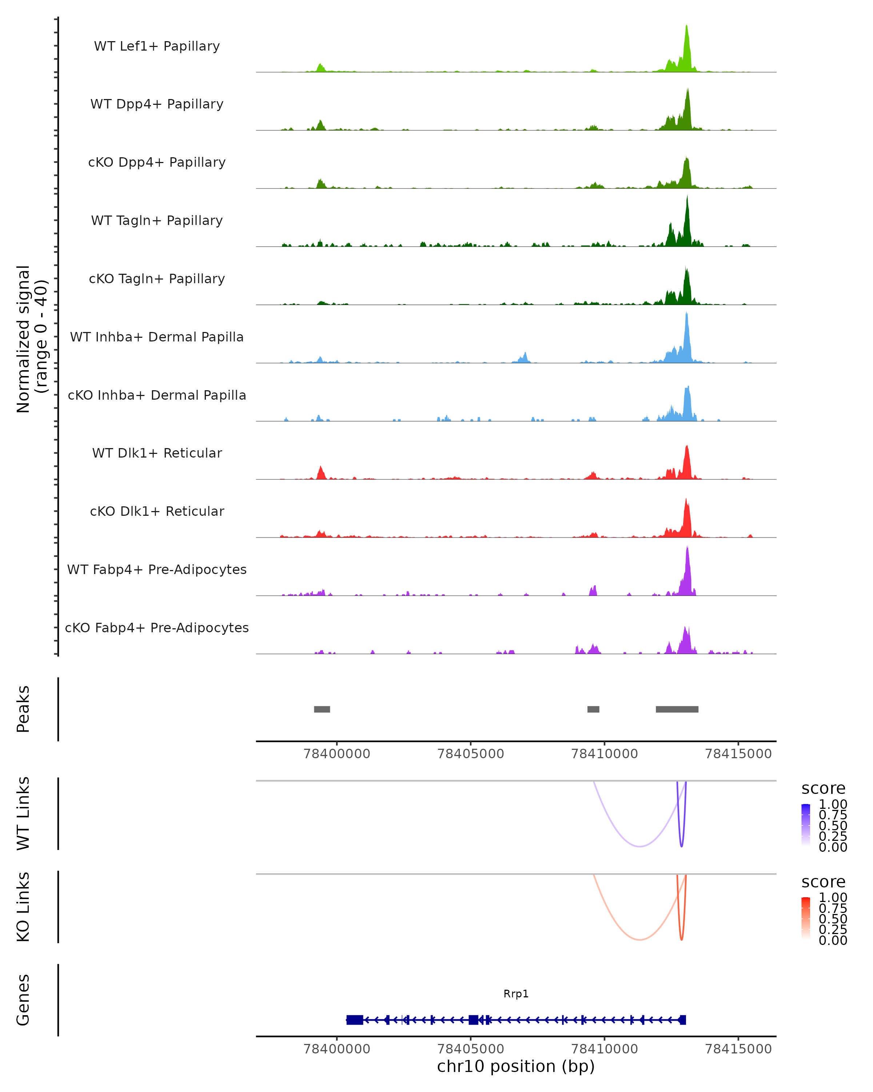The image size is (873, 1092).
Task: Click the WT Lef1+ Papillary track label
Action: pos(157,46)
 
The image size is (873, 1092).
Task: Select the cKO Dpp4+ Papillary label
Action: pos(157,162)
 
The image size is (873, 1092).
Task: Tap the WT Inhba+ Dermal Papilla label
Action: pos(157,337)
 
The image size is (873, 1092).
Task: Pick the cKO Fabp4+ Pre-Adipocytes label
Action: pos(157,628)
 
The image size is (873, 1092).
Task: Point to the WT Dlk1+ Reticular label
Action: pos(157,453)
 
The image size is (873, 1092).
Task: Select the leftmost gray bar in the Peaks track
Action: pos(322,709)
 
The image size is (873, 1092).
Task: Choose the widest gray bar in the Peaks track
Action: pos(677,709)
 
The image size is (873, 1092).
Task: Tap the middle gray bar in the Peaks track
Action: pos(593,709)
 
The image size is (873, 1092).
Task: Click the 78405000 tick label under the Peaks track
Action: pos(471,754)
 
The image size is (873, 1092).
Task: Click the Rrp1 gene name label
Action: pos(516,994)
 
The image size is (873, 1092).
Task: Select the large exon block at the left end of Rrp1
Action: pos(355,1020)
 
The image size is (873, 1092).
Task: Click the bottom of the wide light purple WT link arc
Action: pos(640,846)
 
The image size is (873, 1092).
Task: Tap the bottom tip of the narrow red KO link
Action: pos(681,939)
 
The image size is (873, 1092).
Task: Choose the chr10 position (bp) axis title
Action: pos(516,1067)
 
